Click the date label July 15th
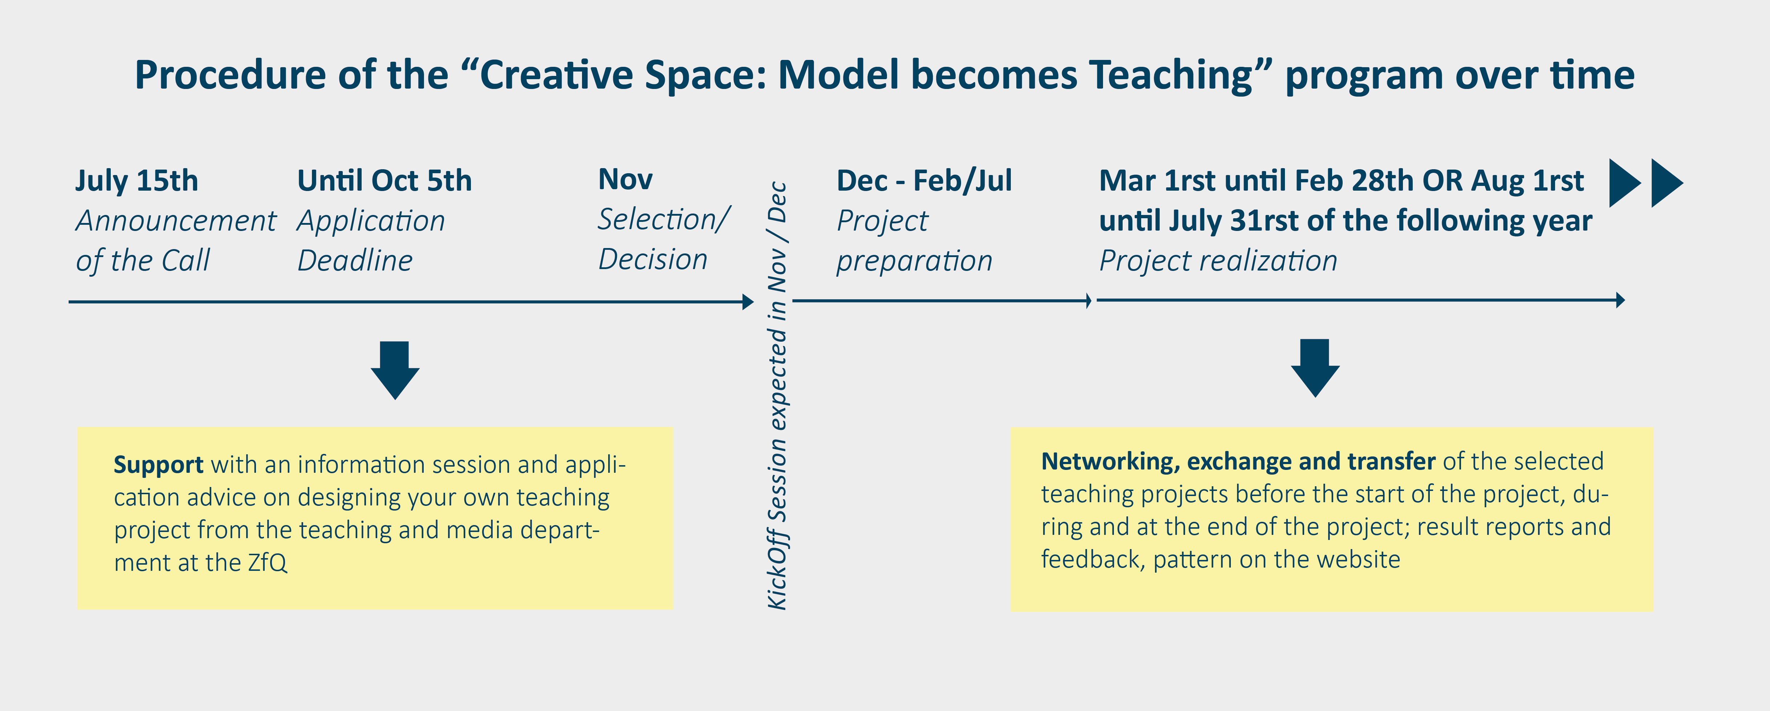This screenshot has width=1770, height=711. pyautogui.click(x=137, y=181)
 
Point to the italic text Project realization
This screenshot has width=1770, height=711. pyautogui.click(x=1218, y=261)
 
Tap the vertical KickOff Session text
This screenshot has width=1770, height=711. pyautogui.click(x=777, y=395)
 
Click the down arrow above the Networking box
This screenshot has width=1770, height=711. pyautogui.click(x=1315, y=368)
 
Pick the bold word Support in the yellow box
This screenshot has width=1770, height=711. pyautogui.click(x=159, y=465)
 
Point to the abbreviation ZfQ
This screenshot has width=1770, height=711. pyautogui.click(x=267, y=562)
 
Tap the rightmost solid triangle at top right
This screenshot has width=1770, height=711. pyautogui.click(x=1667, y=183)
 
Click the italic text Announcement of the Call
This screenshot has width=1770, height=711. pyautogui.click(x=176, y=240)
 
